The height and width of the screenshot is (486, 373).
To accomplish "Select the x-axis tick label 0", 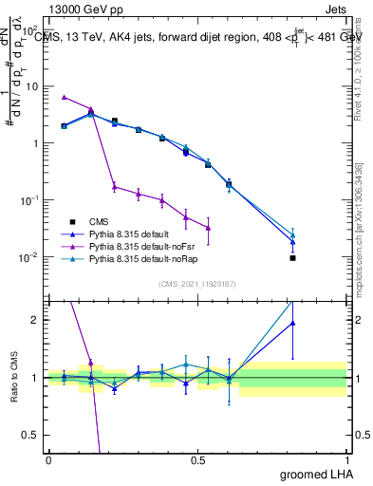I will pos(49,459).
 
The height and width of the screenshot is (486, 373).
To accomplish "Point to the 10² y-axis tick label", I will pos(33,28).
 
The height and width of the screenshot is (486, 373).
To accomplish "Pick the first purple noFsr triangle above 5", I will pos(65,97).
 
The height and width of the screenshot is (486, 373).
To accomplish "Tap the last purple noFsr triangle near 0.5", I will pos(208,228).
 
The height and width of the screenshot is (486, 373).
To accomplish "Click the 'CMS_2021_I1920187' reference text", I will pos(196,283).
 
